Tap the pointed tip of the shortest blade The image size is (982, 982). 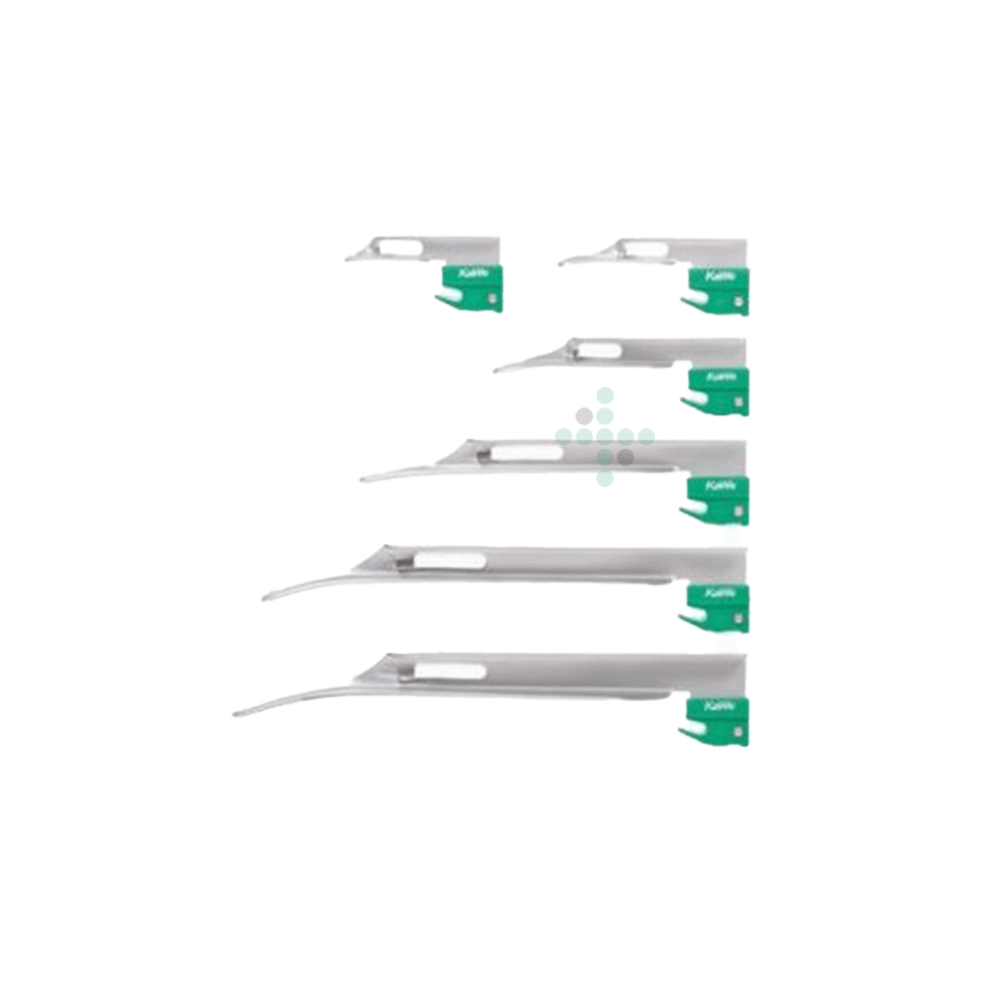point(348,258)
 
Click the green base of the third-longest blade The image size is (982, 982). point(715,495)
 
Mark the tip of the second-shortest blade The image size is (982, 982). point(561,261)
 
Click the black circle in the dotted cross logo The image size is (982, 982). point(584,414)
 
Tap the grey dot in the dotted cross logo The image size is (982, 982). point(625,457)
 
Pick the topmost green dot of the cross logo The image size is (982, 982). point(605,394)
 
